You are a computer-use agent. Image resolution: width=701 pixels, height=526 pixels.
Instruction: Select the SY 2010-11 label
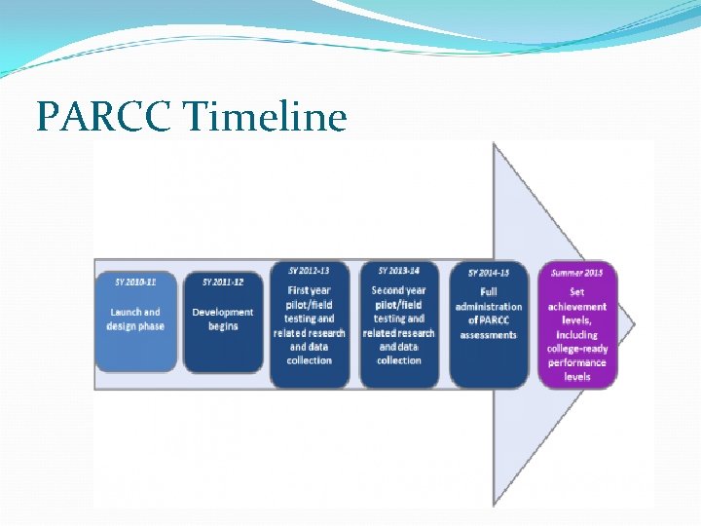[x=135, y=282]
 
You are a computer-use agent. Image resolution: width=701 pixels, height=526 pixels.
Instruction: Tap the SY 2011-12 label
[x=223, y=282]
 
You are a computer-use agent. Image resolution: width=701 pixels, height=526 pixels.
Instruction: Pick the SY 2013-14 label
[x=398, y=270]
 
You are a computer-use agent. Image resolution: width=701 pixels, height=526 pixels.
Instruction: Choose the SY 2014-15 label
[x=488, y=274]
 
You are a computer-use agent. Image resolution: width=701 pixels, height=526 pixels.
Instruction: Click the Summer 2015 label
[x=577, y=273]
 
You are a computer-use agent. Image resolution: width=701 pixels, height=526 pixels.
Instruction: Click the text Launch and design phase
[x=135, y=319]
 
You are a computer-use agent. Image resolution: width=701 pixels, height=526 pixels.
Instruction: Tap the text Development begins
[x=223, y=319]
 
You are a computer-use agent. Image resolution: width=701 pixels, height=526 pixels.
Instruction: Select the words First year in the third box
[x=310, y=290]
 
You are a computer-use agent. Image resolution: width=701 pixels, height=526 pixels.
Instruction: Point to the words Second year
[x=398, y=290]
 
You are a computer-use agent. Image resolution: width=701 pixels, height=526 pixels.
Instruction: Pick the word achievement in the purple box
[x=577, y=307]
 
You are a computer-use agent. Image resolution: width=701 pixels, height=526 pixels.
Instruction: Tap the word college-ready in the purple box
[x=577, y=349]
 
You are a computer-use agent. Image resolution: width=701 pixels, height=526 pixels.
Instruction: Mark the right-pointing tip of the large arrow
[x=635, y=323]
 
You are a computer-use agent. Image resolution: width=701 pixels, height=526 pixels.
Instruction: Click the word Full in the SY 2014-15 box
[x=488, y=291]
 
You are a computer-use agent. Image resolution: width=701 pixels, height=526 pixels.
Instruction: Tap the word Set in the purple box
[x=577, y=292]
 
